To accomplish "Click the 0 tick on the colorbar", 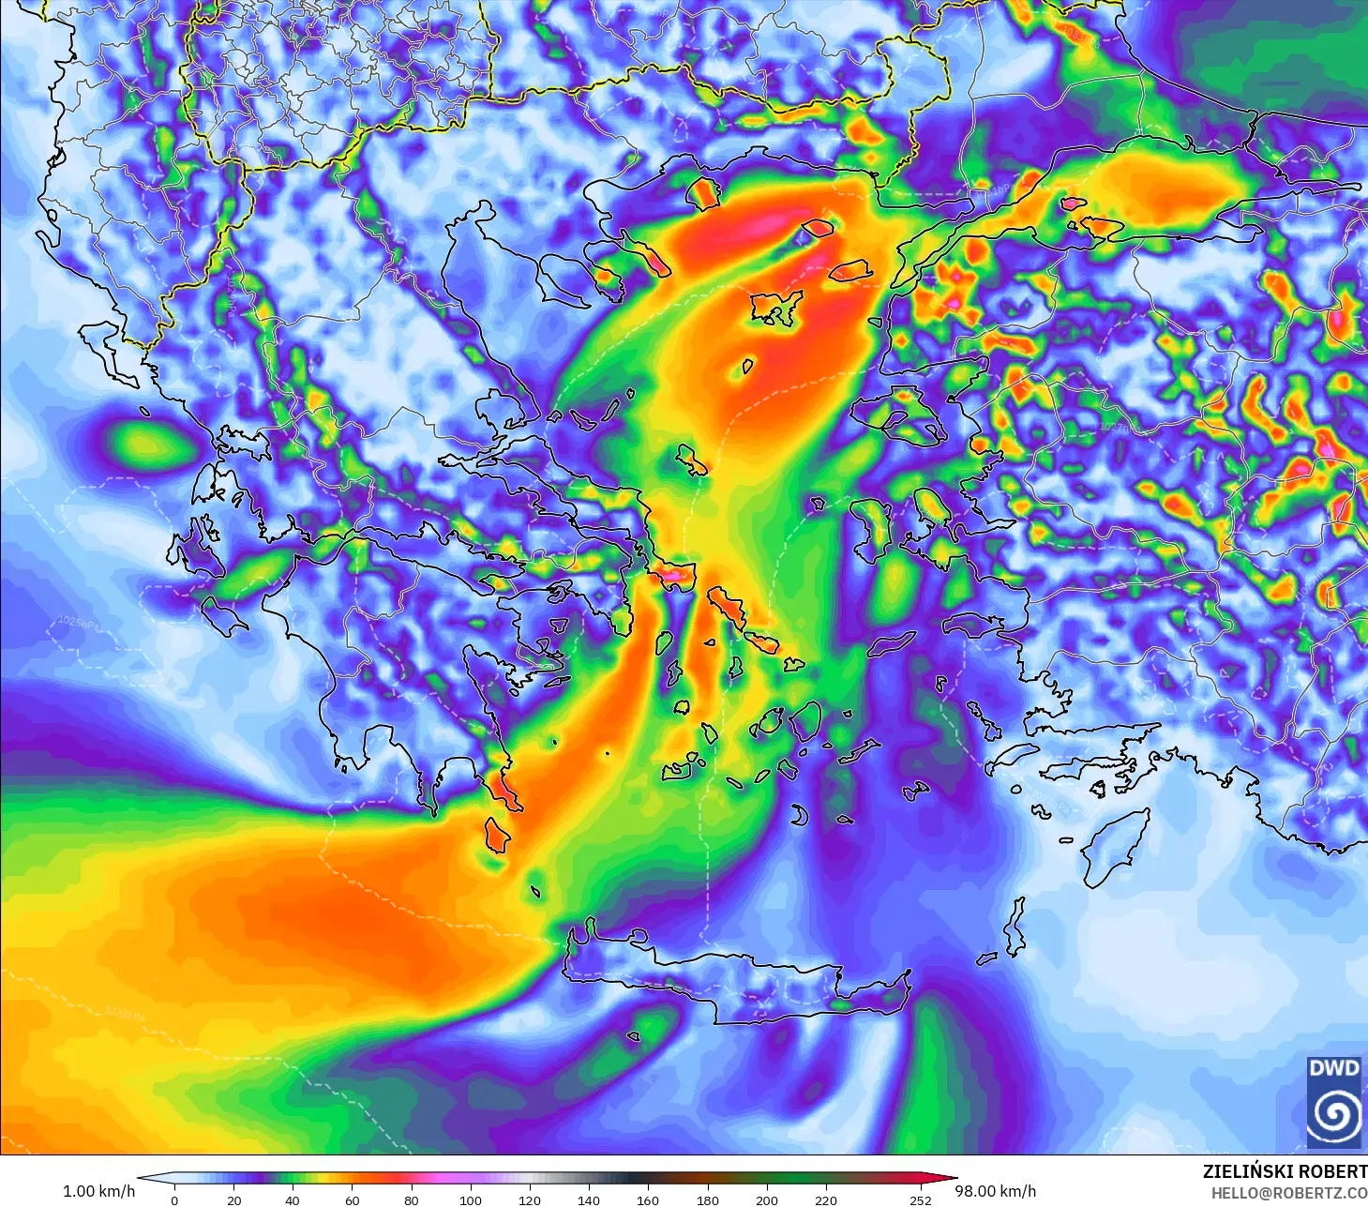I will pyautogui.click(x=174, y=1199).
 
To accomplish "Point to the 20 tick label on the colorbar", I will pyautogui.click(x=233, y=1199).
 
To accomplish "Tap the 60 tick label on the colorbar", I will pyautogui.click(x=352, y=1199).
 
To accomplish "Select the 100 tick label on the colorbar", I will pyautogui.click(x=470, y=1199).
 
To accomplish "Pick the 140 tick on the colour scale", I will pyautogui.click(x=588, y=1199).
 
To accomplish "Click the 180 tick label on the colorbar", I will pyautogui.click(x=707, y=1199).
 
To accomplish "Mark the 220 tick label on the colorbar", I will pyautogui.click(x=825, y=1199).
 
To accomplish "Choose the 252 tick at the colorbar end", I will pyautogui.click(x=921, y=1199).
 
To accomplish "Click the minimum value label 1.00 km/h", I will pyautogui.click(x=98, y=1191).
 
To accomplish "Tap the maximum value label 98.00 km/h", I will pyautogui.click(x=995, y=1191).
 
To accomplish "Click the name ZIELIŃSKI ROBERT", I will pyautogui.click(x=1285, y=1171).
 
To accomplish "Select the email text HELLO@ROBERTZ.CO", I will pyautogui.click(x=1288, y=1193).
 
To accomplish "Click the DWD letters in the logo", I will pyautogui.click(x=1333, y=1068).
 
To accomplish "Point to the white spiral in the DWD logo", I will pyautogui.click(x=1334, y=1113).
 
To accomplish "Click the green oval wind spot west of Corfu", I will pyautogui.click(x=144, y=444).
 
